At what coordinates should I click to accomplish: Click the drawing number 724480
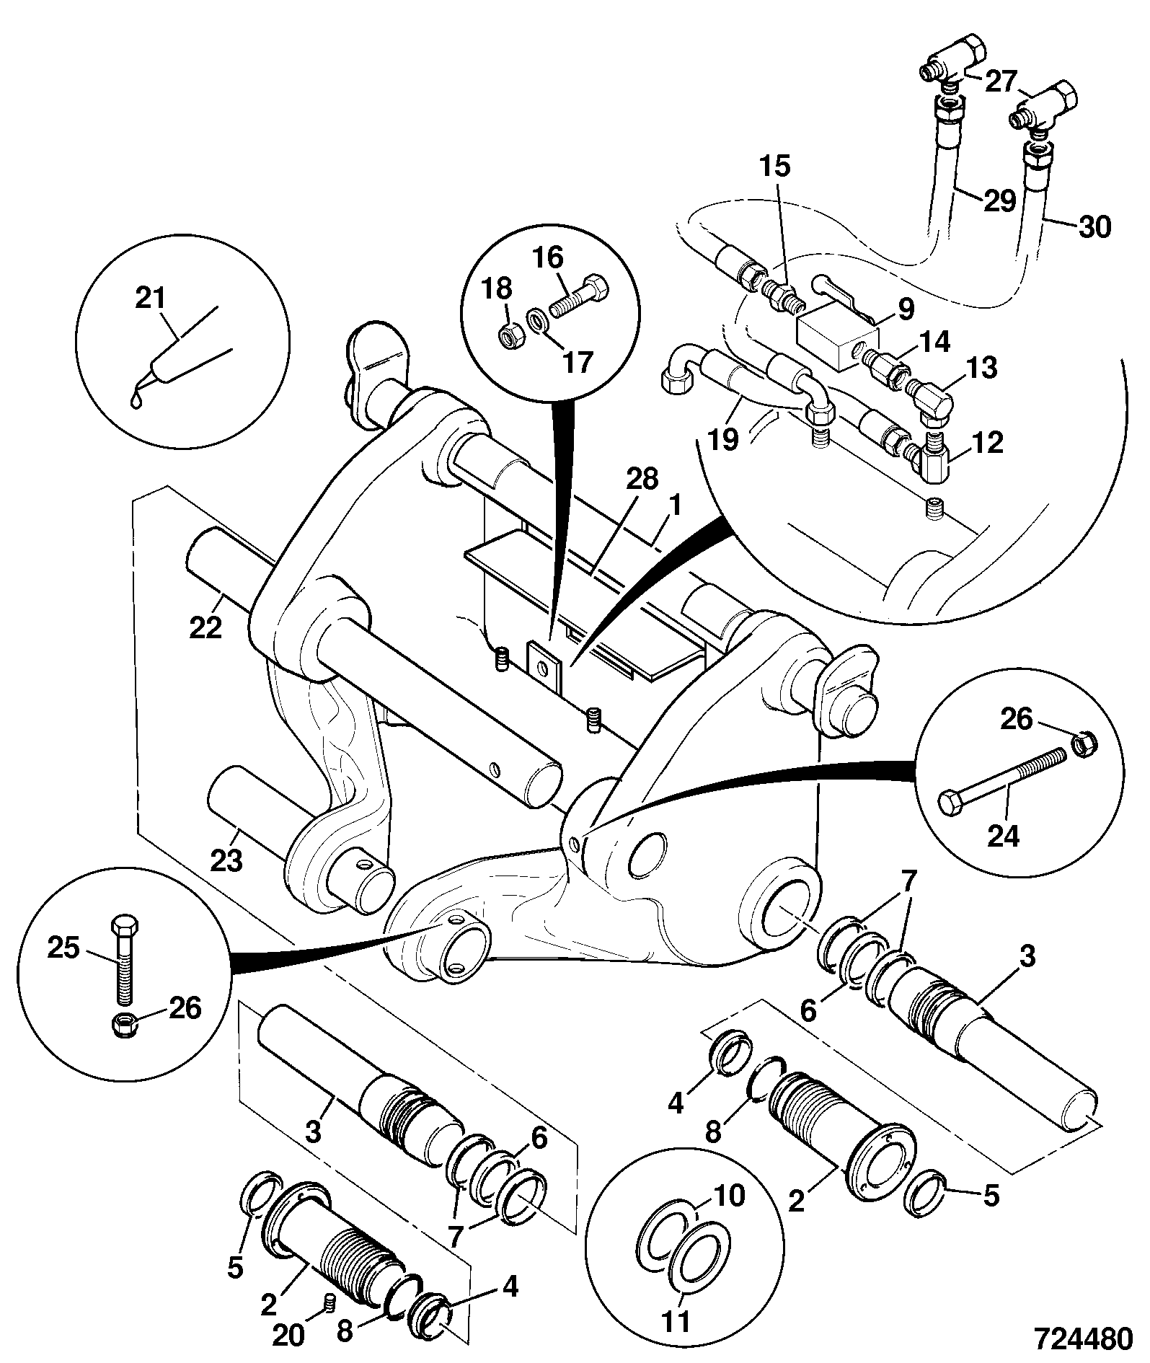tap(1082, 1339)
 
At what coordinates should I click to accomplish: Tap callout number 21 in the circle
tap(150, 298)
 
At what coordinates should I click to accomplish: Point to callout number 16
tap(549, 257)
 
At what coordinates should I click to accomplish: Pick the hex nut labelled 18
tap(510, 334)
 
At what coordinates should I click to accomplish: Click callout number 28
tap(642, 480)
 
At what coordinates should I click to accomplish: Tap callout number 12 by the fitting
tap(987, 443)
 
